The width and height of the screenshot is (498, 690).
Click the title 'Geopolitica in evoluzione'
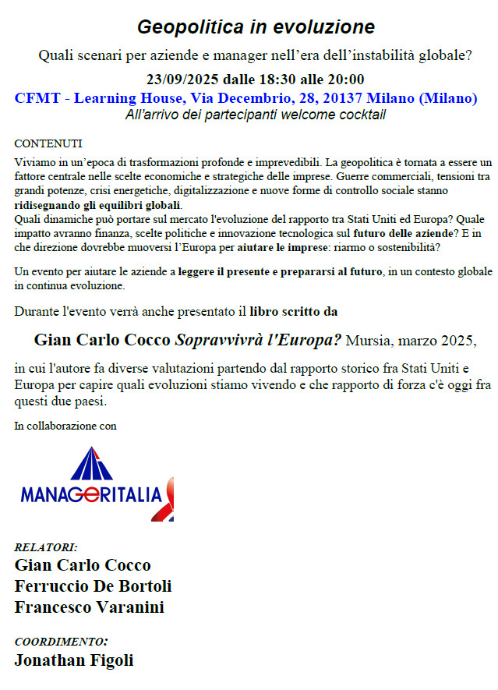click(x=256, y=27)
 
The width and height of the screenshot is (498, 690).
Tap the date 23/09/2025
click(x=183, y=79)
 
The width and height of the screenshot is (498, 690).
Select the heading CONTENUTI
click(x=48, y=144)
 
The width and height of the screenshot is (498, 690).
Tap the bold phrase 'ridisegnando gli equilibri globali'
click(x=97, y=205)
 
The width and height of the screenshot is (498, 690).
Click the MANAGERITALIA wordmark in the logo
click(x=90, y=494)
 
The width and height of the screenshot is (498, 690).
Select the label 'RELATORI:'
click(x=46, y=547)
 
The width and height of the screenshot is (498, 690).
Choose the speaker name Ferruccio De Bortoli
click(x=93, y=586)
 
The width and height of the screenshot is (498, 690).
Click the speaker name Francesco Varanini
click(x=89, y=607)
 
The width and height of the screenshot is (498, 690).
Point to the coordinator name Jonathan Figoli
click(x=74, y=660)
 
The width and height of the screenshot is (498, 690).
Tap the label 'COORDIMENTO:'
click(x=62, y=642)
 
